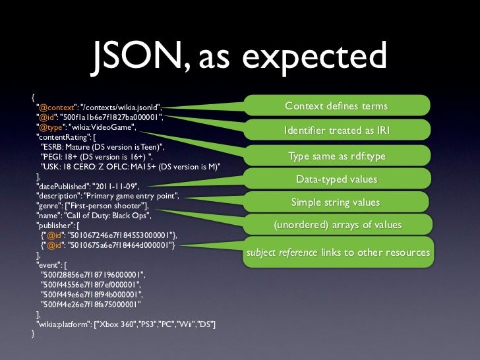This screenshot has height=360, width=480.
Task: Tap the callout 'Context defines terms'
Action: [336, 107]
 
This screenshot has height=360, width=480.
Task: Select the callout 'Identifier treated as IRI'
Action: [336, 131]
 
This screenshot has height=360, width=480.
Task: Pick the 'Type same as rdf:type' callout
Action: [336, 156]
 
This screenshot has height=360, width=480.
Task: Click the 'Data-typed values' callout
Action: [336, 179]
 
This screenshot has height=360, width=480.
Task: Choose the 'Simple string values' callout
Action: [336, 202]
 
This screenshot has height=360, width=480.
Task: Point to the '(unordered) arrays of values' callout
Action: [336, 225]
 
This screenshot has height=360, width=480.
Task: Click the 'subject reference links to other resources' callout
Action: [338, 253]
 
